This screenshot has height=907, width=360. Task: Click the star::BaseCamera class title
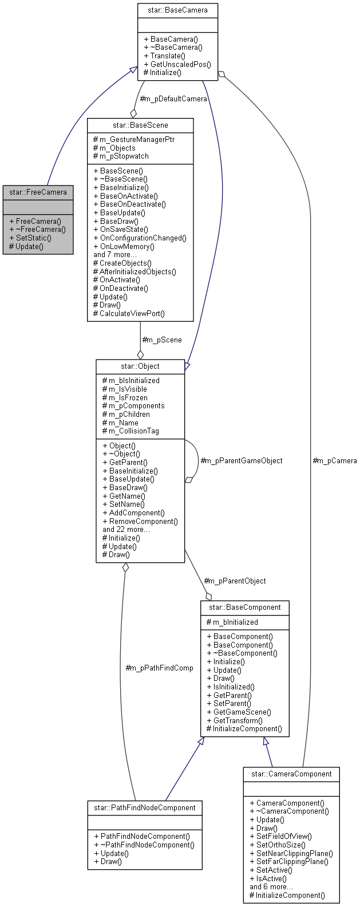(177, 10)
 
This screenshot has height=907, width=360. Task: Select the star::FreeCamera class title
(38, 192)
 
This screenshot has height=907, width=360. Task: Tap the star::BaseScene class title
(140, 125)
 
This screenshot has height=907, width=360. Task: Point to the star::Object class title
(140, 366)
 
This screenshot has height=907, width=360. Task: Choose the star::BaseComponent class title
(244, 607)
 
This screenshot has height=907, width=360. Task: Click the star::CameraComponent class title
(291, 774)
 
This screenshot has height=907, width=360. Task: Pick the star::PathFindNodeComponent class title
(145, 807)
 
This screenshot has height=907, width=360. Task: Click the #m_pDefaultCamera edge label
(173, 99)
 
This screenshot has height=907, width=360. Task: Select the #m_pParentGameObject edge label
(242, 460)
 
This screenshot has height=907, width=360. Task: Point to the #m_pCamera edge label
(335, 460)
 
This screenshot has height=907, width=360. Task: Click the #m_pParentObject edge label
(235, 581)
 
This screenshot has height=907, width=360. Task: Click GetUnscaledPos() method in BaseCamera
(180, 64)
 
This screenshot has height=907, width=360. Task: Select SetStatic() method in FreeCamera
(33, 238)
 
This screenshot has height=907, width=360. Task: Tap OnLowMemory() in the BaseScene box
(127, 246)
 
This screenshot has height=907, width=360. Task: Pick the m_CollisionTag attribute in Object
(133, 431)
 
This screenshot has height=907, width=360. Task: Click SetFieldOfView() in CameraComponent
(284, 836)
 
